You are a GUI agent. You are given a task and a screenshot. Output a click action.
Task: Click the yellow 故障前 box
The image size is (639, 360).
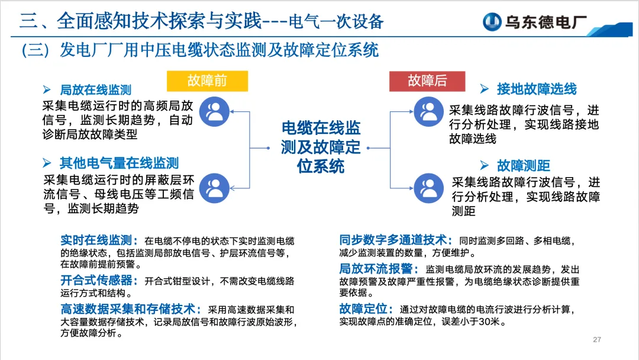(x=207, y=81)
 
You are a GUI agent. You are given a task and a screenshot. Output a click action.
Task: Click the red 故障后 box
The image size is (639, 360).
(x=427, y=81)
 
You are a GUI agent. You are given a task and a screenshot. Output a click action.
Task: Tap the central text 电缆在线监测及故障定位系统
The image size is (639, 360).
(x=321, y=147)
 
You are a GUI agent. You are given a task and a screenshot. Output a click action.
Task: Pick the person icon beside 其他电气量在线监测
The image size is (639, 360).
(x=214, y=188)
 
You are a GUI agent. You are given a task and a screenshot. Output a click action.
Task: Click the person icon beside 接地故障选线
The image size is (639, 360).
(x=428, y=111)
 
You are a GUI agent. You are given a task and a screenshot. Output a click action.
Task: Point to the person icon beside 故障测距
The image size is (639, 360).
(x=428, y=188)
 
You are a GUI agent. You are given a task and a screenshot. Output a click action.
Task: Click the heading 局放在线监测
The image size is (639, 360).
(x=95, y=91)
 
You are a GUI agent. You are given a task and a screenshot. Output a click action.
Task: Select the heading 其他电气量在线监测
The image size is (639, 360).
(x=119, y=163)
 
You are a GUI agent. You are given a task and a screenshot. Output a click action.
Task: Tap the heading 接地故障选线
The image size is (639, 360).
(x=536, y=89)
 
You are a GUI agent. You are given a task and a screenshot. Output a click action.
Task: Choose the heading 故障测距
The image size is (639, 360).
(x=523, y=166)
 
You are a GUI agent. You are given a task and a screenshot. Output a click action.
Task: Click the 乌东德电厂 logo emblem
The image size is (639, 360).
(x=492, y=22)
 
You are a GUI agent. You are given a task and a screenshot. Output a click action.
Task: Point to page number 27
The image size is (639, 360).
(x=597, y=339)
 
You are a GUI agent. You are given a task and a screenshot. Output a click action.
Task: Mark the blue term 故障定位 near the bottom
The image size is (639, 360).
(x=366, y=309)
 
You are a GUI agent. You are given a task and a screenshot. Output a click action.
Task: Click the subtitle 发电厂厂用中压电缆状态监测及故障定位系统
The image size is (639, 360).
(x=219, y=50)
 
